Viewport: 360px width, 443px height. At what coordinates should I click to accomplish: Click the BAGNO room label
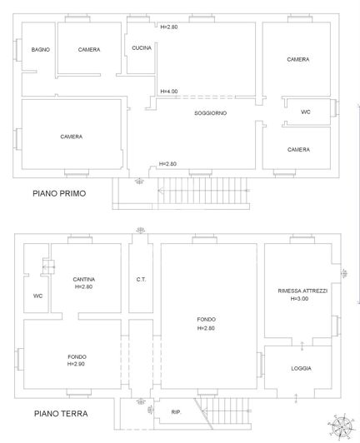(x=41, y=50)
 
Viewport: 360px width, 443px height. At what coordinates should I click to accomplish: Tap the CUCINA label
(x=141, y=48)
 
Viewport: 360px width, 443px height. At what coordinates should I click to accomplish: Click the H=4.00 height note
(x=168, y=91)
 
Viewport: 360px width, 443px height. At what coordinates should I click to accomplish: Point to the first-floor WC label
(x=305, y=112)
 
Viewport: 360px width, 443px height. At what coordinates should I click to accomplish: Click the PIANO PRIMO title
(x=59, y=193)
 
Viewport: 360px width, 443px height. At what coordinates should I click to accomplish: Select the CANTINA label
(x=82, y=278)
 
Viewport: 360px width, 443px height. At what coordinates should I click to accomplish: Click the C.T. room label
(x=141, y=279)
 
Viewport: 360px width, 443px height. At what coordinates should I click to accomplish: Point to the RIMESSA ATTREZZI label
(x=302, y=291)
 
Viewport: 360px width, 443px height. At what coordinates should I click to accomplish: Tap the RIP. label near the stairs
(x=176, y=412)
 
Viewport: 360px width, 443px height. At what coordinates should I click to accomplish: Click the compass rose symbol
(x=341, y=426)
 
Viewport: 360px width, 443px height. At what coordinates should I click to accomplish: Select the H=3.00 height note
(x=301, y=299)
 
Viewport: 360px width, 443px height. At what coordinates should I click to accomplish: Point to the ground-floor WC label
(x=37, y=296)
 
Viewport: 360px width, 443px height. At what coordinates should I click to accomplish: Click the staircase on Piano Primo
(x=200, y=192)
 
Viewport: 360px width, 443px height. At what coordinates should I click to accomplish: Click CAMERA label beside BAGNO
(x=89, y=50)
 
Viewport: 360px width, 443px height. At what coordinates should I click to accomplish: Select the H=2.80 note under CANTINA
(x=82, y=286)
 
